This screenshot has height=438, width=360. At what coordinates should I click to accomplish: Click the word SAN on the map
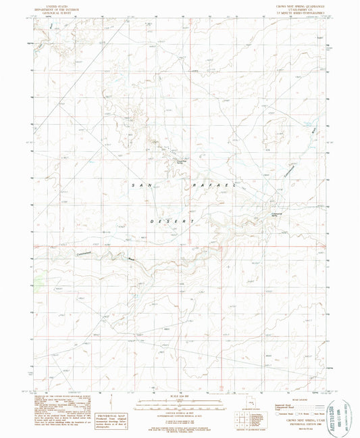point(143,185)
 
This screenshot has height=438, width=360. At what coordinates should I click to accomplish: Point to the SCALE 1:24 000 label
point(181,397)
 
